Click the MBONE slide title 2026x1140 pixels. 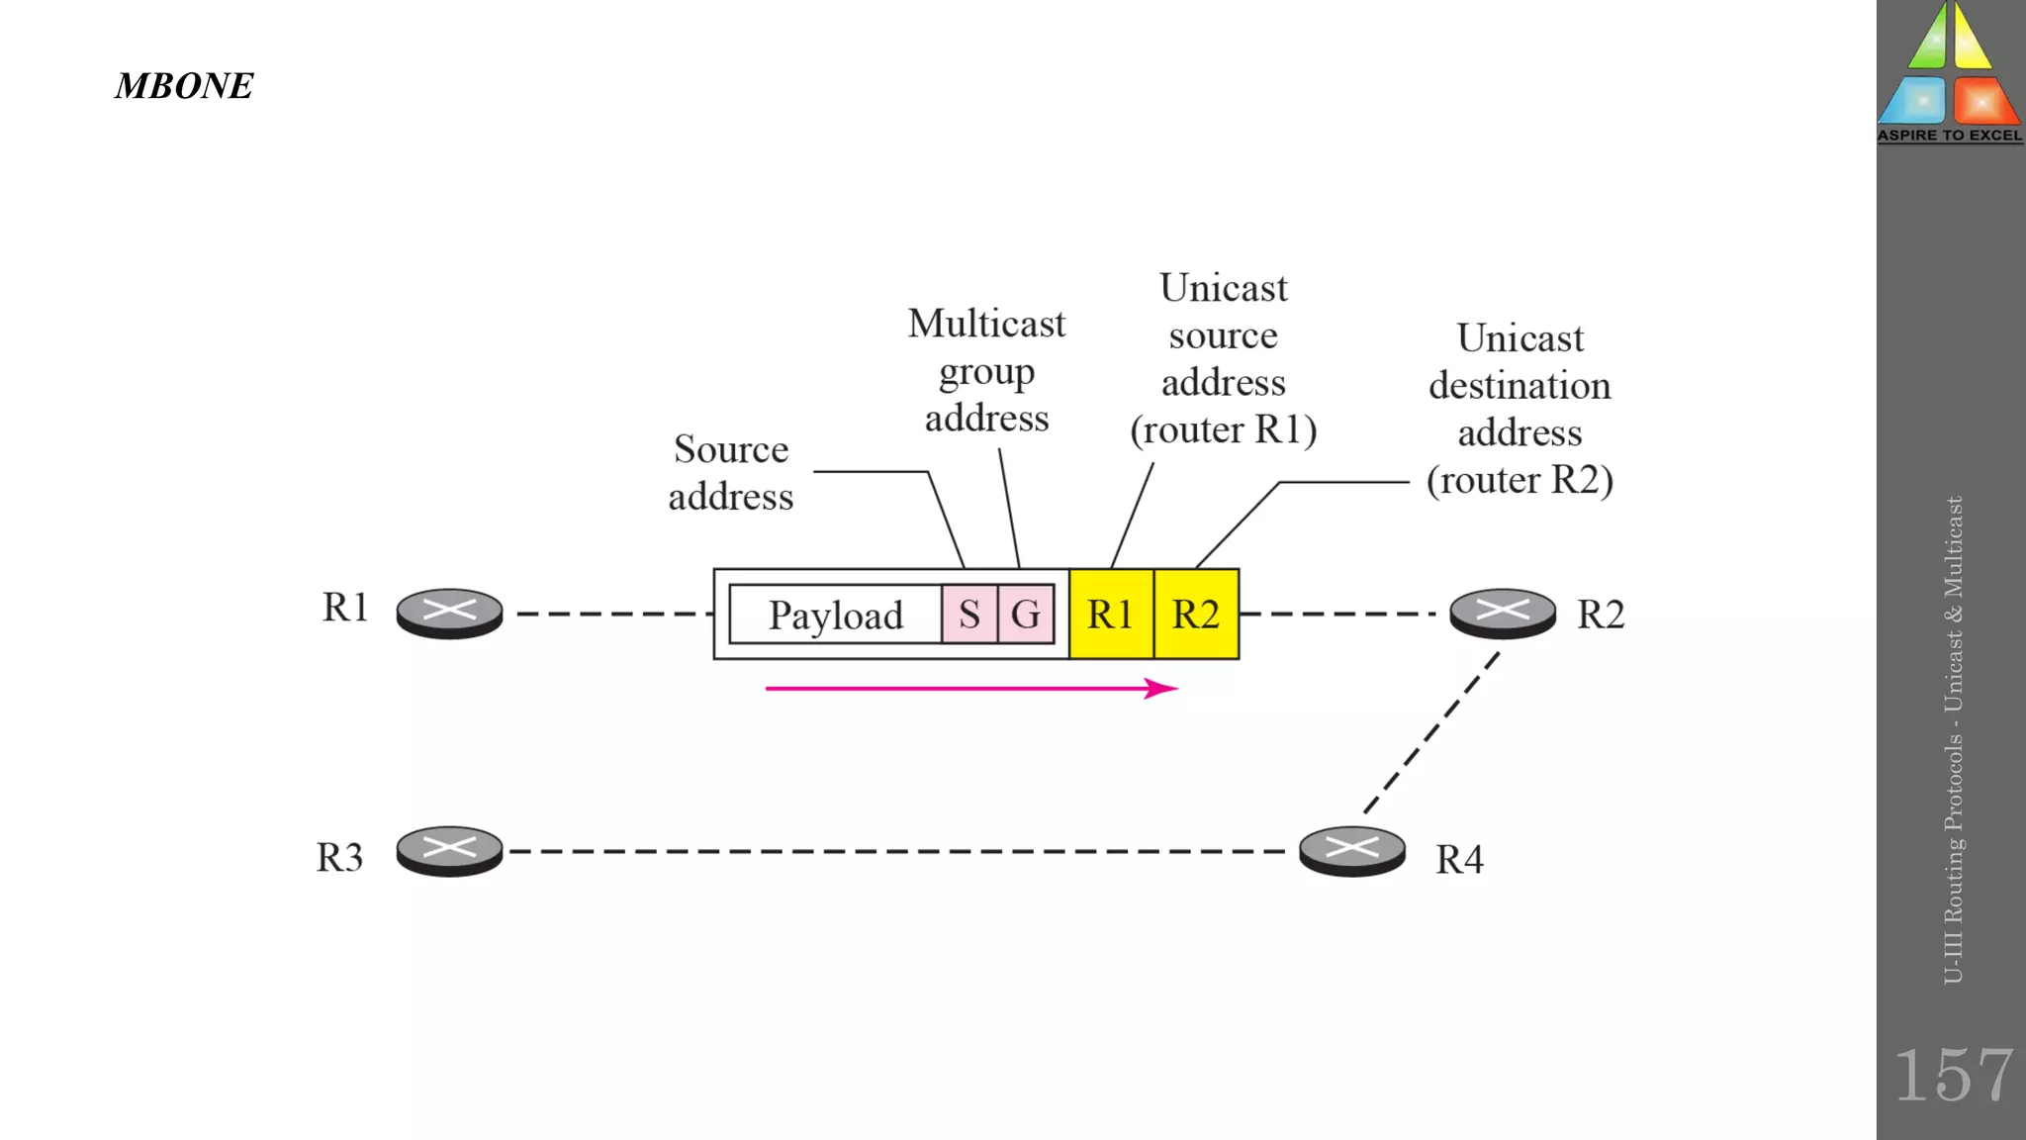tap(184, 86)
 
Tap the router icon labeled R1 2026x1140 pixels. tap(449, 614)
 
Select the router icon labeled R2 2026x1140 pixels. tap(1502, 614)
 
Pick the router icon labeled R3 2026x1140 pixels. tap(449, 851)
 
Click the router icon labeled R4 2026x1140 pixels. tap(1351, 851)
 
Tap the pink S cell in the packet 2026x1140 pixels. tap(969, 615)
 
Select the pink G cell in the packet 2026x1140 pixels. tap(1026, 615)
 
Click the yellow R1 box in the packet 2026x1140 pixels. tap(1111, 615)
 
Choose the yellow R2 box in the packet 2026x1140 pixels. tap(1196, 615)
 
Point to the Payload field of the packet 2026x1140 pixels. tap(836, 615)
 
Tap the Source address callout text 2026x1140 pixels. tap(731, 472)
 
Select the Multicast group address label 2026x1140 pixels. tap(986, 371)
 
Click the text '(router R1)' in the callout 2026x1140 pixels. tap(1224, 429)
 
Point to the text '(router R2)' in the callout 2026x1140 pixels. tap(1519, 480)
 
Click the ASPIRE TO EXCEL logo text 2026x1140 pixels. tap(1950, 136)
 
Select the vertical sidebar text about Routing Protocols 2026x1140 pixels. tap(1953, 740)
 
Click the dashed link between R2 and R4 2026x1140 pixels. tap(1431, 733)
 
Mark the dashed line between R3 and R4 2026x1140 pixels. tap(900, 851)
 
